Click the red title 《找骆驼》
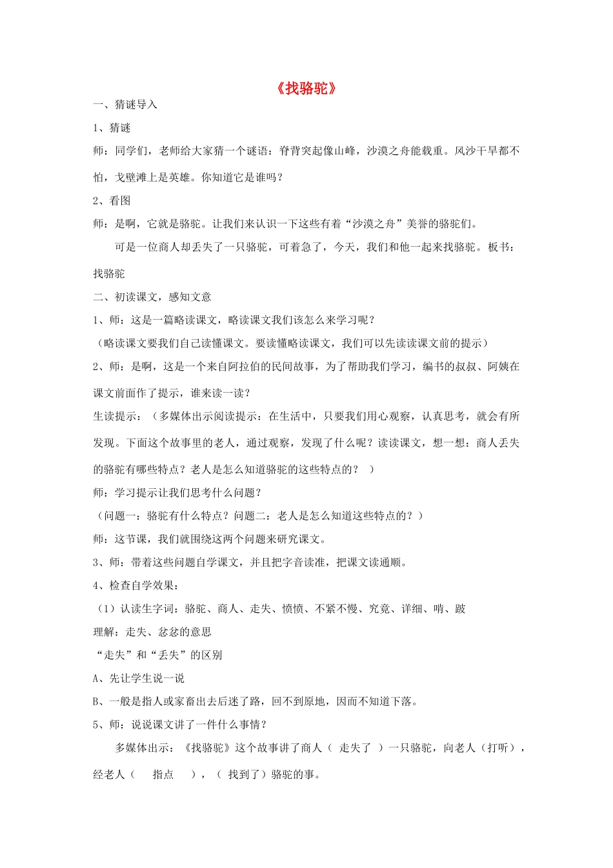coord(306,88)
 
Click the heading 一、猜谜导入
coord(125,105)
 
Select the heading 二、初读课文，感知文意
coord(152,296)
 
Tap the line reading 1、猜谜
coord(112,128)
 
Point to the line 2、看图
coord(112,200)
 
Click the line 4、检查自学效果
coord(136,585)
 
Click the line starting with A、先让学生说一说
coord(139,678)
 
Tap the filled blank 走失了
coord(355,748)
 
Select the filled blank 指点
coord(163,774)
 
